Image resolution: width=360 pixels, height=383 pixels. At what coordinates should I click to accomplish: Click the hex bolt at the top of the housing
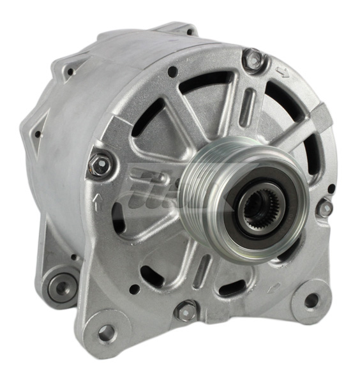(254, 61)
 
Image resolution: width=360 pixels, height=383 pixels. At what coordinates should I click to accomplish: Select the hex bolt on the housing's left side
(99, 164)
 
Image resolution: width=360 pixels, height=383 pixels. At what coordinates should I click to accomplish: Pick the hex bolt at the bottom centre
(186, 311)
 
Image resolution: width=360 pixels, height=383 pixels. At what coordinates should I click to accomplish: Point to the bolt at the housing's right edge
(326, 206)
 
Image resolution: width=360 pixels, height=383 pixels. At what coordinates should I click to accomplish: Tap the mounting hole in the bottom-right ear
(311, 301)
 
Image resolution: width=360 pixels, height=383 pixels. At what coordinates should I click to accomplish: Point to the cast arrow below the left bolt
(97, 203)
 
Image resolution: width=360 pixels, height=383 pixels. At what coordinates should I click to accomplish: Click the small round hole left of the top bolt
(172, 73)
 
